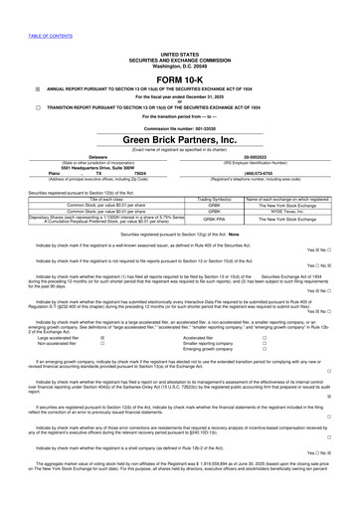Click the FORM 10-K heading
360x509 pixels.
pyautogui.click(x=180, y=81)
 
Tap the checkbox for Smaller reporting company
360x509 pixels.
pyautogui.click(x=264, y=343)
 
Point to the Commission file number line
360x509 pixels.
pyautogui.click(x=180, y=156)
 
